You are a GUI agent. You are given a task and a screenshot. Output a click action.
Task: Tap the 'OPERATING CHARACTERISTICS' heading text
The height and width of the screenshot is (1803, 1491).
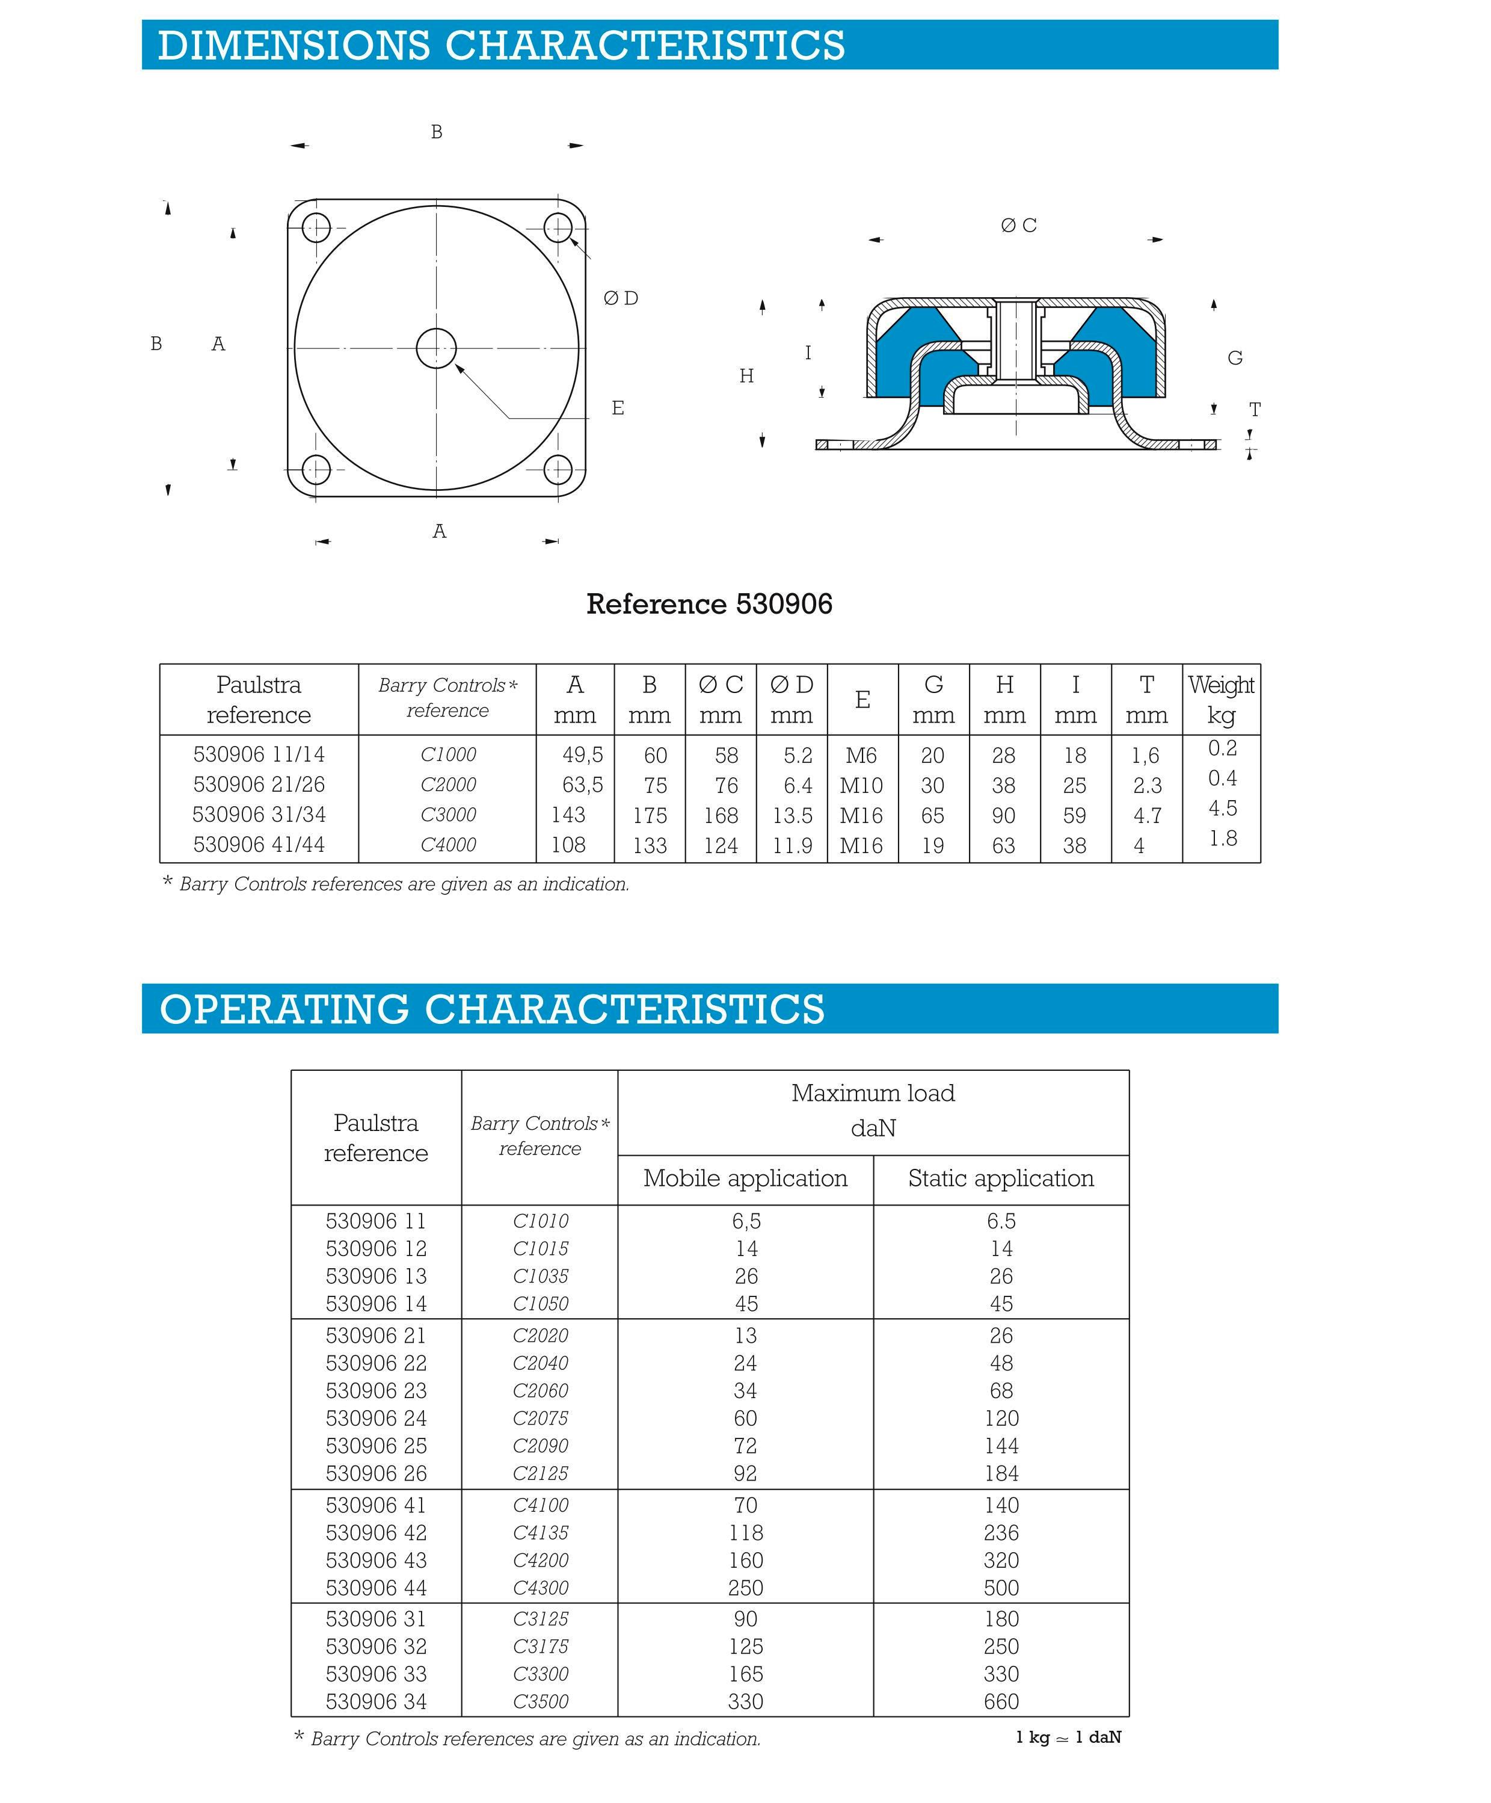pos(492,1009)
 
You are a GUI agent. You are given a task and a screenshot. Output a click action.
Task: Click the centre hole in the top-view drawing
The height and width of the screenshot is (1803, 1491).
pos(436,348)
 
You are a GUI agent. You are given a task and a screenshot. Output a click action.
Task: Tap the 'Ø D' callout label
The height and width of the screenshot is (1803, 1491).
pos(621,298)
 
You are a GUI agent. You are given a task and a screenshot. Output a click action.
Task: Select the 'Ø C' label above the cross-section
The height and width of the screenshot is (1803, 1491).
pos(1018,225)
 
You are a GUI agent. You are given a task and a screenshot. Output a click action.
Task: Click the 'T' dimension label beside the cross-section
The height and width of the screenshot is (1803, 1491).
pos(1254,410)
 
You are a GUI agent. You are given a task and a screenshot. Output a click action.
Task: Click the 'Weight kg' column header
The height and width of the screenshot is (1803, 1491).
pos(1220,700)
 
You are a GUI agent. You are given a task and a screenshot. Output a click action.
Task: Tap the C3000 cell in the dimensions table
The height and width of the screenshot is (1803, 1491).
pos(448,814)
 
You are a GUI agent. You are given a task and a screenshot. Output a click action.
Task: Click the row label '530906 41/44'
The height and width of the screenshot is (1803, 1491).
pos(259,844)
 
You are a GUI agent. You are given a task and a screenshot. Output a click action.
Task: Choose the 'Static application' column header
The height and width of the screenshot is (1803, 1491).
pos(1001,1178)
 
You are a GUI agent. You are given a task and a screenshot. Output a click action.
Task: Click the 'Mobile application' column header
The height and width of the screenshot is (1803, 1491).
pos(745,1178)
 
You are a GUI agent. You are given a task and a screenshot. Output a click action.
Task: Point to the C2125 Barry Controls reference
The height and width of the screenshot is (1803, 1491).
pos(540,1473)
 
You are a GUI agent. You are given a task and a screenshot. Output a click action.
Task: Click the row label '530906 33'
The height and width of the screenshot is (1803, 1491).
pos(376,1674)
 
